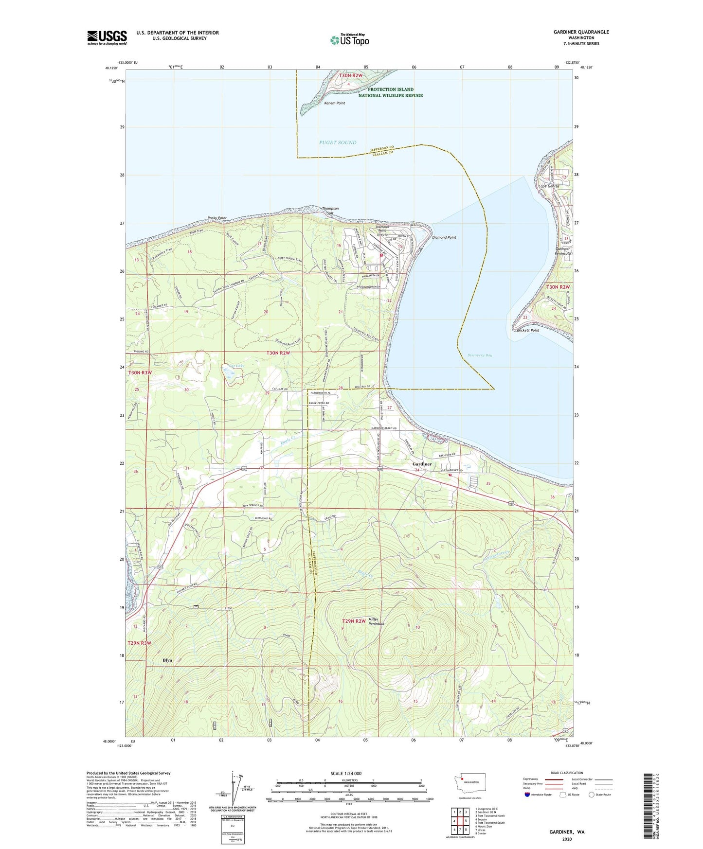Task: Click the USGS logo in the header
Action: click(x=107, y=37)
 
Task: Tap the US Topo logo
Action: click(x=349, y=40)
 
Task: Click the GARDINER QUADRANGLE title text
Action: click(x=581, y=32)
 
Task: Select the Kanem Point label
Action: click(x=335, y=103)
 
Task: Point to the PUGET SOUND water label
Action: click(x=338, y=142)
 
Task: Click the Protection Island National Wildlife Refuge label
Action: click(x=391, y=92)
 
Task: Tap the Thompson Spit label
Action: click(x=330, y=211)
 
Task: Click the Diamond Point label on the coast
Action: click(x=444, y=237)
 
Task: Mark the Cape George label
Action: click(x=548, y=186)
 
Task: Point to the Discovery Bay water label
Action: click(x=480, y=355)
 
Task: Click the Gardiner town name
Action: click(x=422, y=464)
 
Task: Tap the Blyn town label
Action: click(x=167, y=660)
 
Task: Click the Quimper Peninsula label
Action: click(x=562, y=251)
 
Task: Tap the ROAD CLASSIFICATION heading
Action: click(x=567, y=773)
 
